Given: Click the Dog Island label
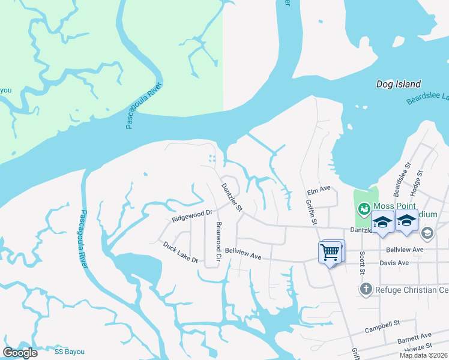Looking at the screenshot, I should pos(398,85).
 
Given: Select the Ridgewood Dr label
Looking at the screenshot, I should pos(192,216).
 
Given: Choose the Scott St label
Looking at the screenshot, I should pos(362,263).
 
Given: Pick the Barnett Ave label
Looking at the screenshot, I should pos(414,339).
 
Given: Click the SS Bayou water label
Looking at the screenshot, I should pos(70,352).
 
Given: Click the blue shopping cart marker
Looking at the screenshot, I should pos(330,253).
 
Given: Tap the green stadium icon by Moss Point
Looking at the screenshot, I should pos(363,209).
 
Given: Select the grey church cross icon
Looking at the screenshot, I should pos(366,290).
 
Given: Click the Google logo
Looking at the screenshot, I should pos(20,353).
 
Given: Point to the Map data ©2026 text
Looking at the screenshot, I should pos(424,355).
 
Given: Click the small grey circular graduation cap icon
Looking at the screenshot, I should pos(427,232).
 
